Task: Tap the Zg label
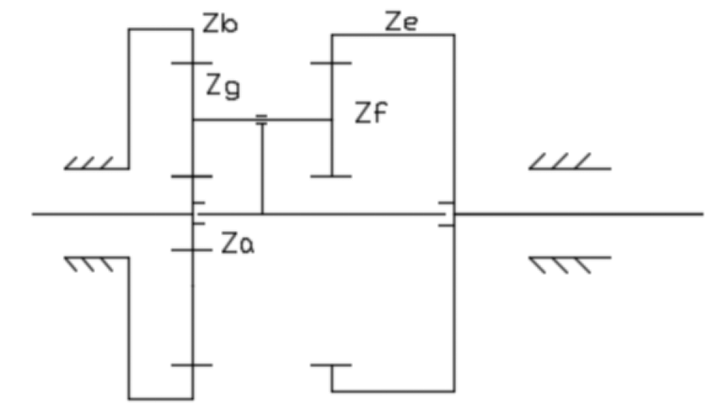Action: (x=222, y=85)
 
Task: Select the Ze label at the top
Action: (x=401, y=20)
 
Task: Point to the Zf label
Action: (x=371, y=114)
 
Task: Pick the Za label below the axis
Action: (x=238, y=244)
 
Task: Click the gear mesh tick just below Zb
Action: (x=191, y=62)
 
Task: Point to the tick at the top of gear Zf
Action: (x=330, y=62)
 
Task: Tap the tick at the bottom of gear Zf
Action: (x=330, y=174)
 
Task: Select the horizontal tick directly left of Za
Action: (x=191, y=249)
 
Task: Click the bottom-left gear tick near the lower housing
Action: (x=191, y=365)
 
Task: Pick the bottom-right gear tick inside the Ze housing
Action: (x=330, y=365)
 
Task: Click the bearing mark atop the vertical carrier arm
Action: (x=262, y=120)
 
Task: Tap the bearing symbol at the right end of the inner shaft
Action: (x=445, y=214)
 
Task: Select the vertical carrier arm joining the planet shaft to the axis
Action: (x=262, y=168)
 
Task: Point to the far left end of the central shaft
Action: (x=34, y=214)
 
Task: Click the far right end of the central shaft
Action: (x=702, y=214)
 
